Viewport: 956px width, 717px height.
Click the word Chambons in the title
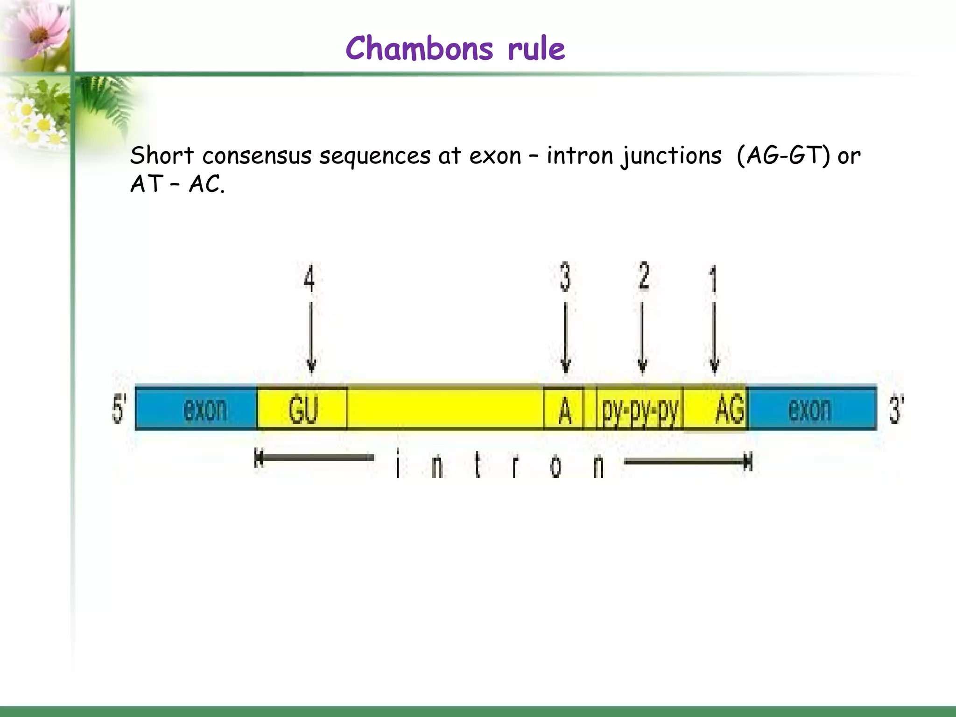pos(419,49)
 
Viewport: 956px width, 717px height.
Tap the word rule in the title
pos(536,49)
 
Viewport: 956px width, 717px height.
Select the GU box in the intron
pos(302,408)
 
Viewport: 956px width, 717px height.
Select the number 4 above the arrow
pos(309,279)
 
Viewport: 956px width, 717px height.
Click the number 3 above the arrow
pos(565,277)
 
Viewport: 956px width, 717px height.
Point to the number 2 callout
pos(644,276)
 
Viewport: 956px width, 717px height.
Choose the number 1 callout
pos(713,279)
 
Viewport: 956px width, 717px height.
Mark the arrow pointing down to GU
pos(311,338)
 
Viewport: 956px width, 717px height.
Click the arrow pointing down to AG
pos(714,338)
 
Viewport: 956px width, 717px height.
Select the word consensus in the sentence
pos(257,155)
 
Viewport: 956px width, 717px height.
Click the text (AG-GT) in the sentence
pos(783,155)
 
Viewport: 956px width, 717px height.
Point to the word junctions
pos(671,155)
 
